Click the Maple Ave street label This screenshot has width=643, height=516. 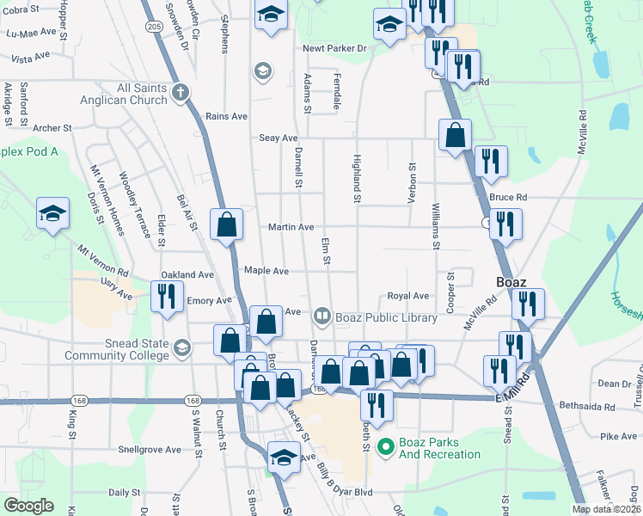click(x=266, y=270)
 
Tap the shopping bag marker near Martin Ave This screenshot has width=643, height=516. click(x=226, y=225)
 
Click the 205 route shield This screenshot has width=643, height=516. click(x=154, y=28)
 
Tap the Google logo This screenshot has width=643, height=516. click(x=28, y=506)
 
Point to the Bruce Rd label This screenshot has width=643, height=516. click(x=506, y=197)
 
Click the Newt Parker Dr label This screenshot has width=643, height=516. click(x=334, y=48)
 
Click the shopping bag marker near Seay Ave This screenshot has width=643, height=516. click(x=455, y=135)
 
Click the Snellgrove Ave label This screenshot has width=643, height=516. click(x=150, y=449)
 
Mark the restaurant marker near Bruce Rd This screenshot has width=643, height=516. click(x=505, y=225)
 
